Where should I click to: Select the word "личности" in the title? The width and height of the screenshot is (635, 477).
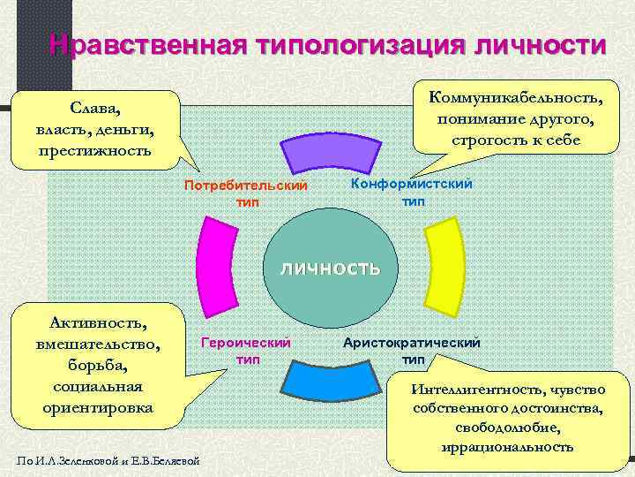click(x=541, y=44)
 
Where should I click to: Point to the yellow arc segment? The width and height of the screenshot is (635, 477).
click(x=436, y=264)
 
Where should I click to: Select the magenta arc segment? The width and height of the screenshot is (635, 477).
click(x=213, y=264)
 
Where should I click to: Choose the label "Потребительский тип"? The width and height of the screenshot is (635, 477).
click(x=246, y=193)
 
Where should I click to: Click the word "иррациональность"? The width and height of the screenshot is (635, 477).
click(x=509, y=447)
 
